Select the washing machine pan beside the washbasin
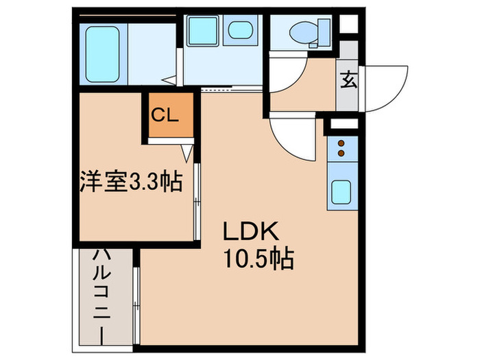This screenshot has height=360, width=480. pos(202,31)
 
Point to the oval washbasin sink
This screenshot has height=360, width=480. pos(239,31)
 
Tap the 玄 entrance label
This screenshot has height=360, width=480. pos(348,81)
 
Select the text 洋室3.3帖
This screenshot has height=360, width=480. pos(130,182)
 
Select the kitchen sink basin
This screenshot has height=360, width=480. pos(341,191)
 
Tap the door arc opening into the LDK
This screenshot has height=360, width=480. pos(291,134)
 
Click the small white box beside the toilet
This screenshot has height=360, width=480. pos(348,25)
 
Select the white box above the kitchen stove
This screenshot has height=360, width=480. pos(341,125)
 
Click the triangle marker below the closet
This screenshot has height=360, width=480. pos(187,151)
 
